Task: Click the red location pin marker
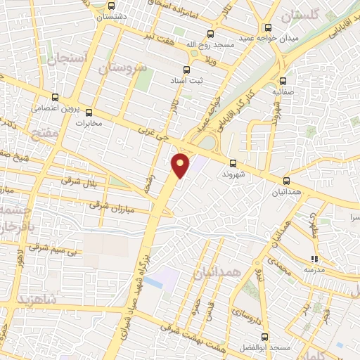tap(181, 165)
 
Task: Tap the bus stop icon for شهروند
tap(233, 163)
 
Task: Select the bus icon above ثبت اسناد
tap(186, 69)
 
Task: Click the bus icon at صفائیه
tap(283, 81)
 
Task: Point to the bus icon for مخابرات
tap(89, 112)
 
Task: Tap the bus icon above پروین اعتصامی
tap(55, 98)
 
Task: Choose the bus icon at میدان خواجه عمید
tap(267, 27)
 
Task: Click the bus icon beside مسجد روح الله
tap(210, 34)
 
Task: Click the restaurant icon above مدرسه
tap(314, 259)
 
